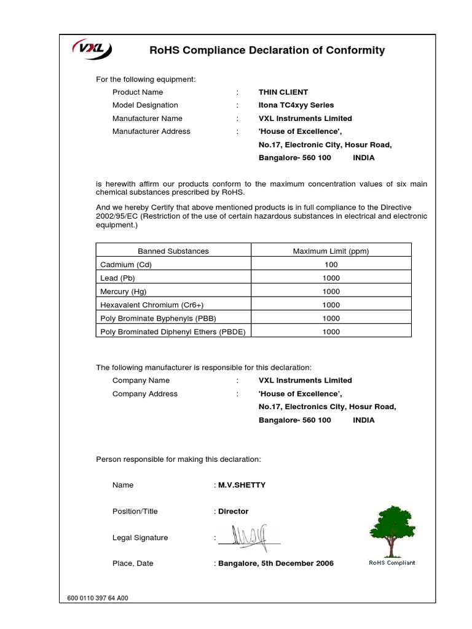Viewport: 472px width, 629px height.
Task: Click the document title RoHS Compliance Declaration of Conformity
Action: pyautogui.click(x=267, y=50)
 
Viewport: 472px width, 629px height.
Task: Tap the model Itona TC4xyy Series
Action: pyautogui.click(x=296, y=105)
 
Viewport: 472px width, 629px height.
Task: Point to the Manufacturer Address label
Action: pyautogui.click(x=151, y=131)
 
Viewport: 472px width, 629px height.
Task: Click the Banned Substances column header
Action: pyautogui.click(x=173, y=251)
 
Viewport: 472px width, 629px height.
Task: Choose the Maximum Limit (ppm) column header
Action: pyautogui.click(x=331, y=251)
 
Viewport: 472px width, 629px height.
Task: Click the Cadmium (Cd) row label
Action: pyautogui.click(x=126, y=265)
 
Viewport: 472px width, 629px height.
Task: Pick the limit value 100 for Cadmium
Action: pyautogui.click(x=331, y=265)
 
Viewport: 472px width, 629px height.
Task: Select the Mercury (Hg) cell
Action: pyautogui.click(x=124, y=291)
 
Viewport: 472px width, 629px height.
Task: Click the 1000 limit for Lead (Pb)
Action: pyautogui.click(x=331, y=278)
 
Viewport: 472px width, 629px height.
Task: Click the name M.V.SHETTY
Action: pyautogui.click(x=242, y=485)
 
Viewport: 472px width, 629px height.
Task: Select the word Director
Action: pyautogui.click(x=234, y=511)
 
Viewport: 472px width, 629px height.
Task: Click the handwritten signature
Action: pyautogui.click(x=249, y=536)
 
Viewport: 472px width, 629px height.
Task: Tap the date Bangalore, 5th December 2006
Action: pyautogui.click(x=276, y=563)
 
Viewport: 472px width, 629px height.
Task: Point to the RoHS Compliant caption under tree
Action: pyautogui.click(x=391, y=563)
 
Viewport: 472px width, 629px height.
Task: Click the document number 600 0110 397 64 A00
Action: pyautogui.click(x=98, y=598)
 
